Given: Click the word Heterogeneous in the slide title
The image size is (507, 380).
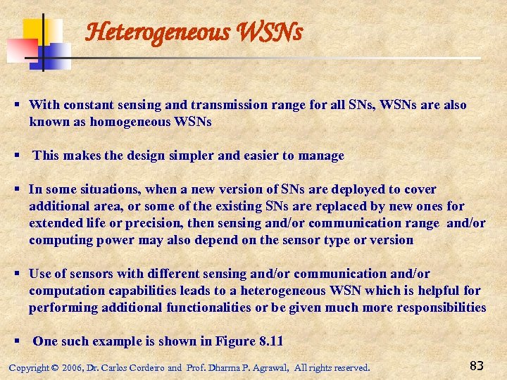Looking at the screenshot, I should [147, 32].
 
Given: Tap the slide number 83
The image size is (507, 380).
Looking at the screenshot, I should [476, 365].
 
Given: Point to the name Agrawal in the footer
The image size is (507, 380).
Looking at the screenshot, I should [268, 368].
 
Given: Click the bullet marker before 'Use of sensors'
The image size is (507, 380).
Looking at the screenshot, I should [18, 274].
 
